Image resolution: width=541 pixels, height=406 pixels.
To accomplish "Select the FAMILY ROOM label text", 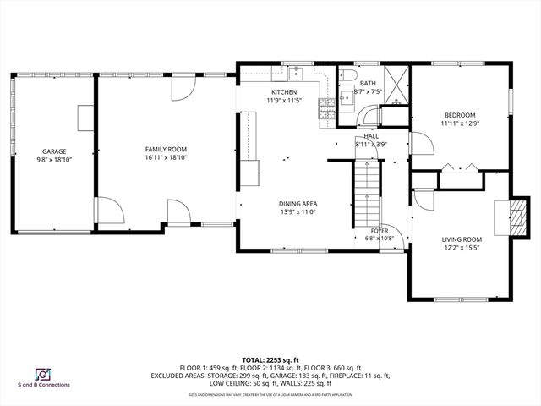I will point(165,150).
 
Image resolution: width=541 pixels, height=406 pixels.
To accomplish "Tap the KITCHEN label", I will point(283,92).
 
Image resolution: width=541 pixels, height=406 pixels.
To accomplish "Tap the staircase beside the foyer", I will point(365,190).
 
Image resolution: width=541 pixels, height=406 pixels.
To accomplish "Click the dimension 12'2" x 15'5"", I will point(461,249).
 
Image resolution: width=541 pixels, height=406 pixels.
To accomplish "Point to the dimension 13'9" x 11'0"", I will point(298,212).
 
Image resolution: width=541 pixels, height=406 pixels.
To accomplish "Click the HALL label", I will point(371,135).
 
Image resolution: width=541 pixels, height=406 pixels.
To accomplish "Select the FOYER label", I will point(379,230).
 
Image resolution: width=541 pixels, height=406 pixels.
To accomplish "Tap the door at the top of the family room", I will point(183,88).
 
